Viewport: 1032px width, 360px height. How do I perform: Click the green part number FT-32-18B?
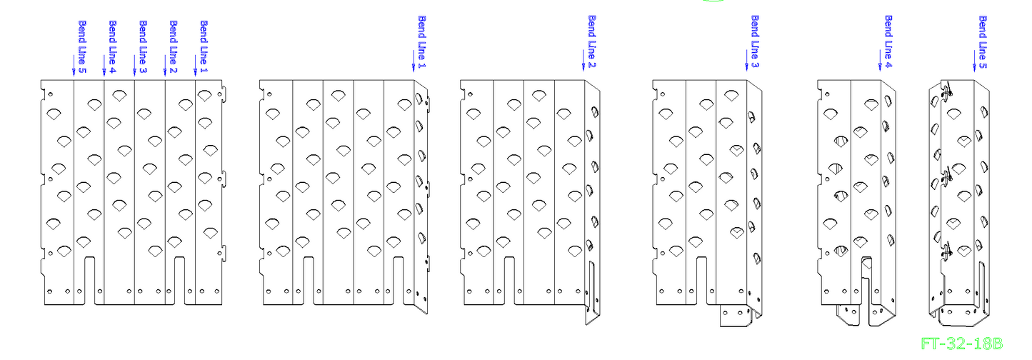click(x=961, y=344)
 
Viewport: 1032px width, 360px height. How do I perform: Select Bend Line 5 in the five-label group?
click(x=82, y=46)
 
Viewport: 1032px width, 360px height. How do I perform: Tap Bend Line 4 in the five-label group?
click(x=112, y=46)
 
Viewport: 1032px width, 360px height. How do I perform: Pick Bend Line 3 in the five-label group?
click(x=143, y=46)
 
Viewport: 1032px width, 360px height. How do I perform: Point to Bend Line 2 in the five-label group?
click(x=174, y=46)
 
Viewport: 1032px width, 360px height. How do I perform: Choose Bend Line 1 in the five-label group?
click(x=204, y=46)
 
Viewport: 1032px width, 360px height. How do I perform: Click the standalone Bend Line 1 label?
click(x=422, y=41)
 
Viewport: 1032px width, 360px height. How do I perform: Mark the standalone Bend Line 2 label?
click(x=592, y=41)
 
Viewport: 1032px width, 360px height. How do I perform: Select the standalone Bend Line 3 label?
click(x=755, y=41)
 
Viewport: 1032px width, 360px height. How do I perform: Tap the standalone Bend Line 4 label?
click(x=888, y=41)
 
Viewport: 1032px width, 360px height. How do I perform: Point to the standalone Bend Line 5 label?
click(x=983, y=42)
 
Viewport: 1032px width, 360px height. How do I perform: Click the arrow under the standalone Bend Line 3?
click(x=747, y=61)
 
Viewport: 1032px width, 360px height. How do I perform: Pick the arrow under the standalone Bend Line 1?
click(x=414, y=61)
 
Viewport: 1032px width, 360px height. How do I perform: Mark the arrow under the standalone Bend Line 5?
click(x=974, y=61)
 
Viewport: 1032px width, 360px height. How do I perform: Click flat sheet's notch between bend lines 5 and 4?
click(x=90, y=281)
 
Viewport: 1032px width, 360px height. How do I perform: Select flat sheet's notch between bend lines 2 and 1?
click(x=179, y=281)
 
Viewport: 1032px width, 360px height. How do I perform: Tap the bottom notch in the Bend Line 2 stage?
click(x=509, y=281)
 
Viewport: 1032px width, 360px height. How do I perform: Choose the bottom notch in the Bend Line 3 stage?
click(x=701, y=281)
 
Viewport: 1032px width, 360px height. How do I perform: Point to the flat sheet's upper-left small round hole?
click(x=50, y=94)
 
